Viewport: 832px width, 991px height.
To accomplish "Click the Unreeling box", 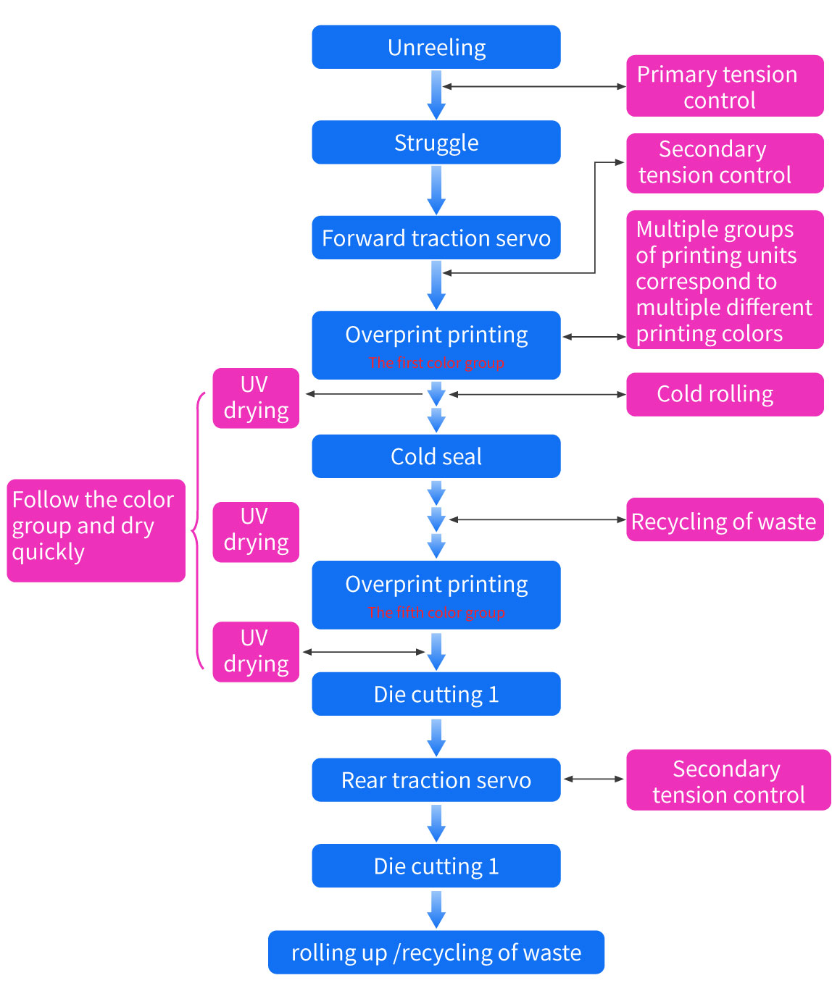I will [x=436, y=47].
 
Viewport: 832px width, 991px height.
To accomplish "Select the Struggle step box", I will [x=436, y=143].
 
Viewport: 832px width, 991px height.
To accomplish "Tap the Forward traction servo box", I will [x=436, y=238].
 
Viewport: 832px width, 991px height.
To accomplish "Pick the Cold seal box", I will [x=436, y=456].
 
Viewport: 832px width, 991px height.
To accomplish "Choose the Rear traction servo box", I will [x=436, y=780].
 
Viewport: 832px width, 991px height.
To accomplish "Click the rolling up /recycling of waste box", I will [x=436, y=952].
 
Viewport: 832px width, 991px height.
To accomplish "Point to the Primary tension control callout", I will [x=724, y=86].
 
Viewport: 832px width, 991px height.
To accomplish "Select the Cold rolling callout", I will [x=724, y=394].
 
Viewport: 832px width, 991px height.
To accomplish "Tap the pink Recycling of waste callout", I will [x=724, y=520].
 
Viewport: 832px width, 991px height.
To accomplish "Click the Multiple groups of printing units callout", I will [x=724, y=280].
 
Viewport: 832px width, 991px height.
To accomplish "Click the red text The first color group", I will [x=436, y=363].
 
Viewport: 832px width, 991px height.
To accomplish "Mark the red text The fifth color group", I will [x=436, y=613].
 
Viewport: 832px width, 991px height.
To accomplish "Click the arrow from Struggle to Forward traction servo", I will [x=436, y=190].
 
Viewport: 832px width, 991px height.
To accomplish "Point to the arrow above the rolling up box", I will [x=436, y=909].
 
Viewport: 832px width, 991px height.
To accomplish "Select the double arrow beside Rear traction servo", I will [x=594, y=779].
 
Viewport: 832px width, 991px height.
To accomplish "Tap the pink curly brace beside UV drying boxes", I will [x=197, y=531].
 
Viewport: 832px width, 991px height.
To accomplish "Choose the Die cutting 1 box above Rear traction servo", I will [x=436, y=694].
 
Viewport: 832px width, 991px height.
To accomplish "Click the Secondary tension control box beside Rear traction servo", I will [x=728, y=780].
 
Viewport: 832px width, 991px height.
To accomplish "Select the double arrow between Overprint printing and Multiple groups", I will [x=594, y=337].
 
